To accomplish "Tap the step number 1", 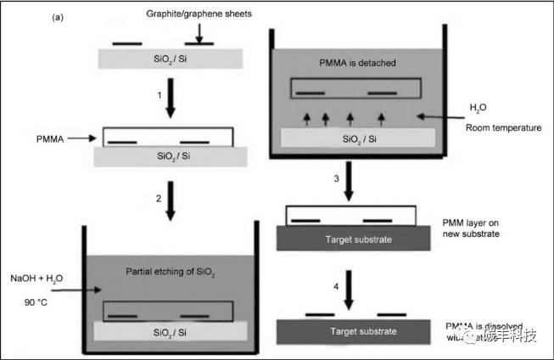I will pos(159,96).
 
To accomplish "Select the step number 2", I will pos(159,198).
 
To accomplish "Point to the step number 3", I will pos(337,179).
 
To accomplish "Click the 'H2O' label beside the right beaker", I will pos(480,108).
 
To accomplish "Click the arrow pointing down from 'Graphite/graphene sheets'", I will pos(198,32).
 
